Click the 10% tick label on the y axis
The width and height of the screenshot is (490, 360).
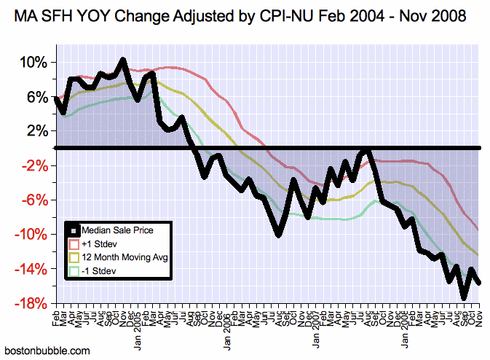(x=31, y=62)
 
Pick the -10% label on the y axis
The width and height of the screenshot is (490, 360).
(x=30, y=234)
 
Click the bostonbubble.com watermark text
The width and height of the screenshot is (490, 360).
(x=47, y=351)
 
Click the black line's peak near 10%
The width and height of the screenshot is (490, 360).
(x=122, y=60)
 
